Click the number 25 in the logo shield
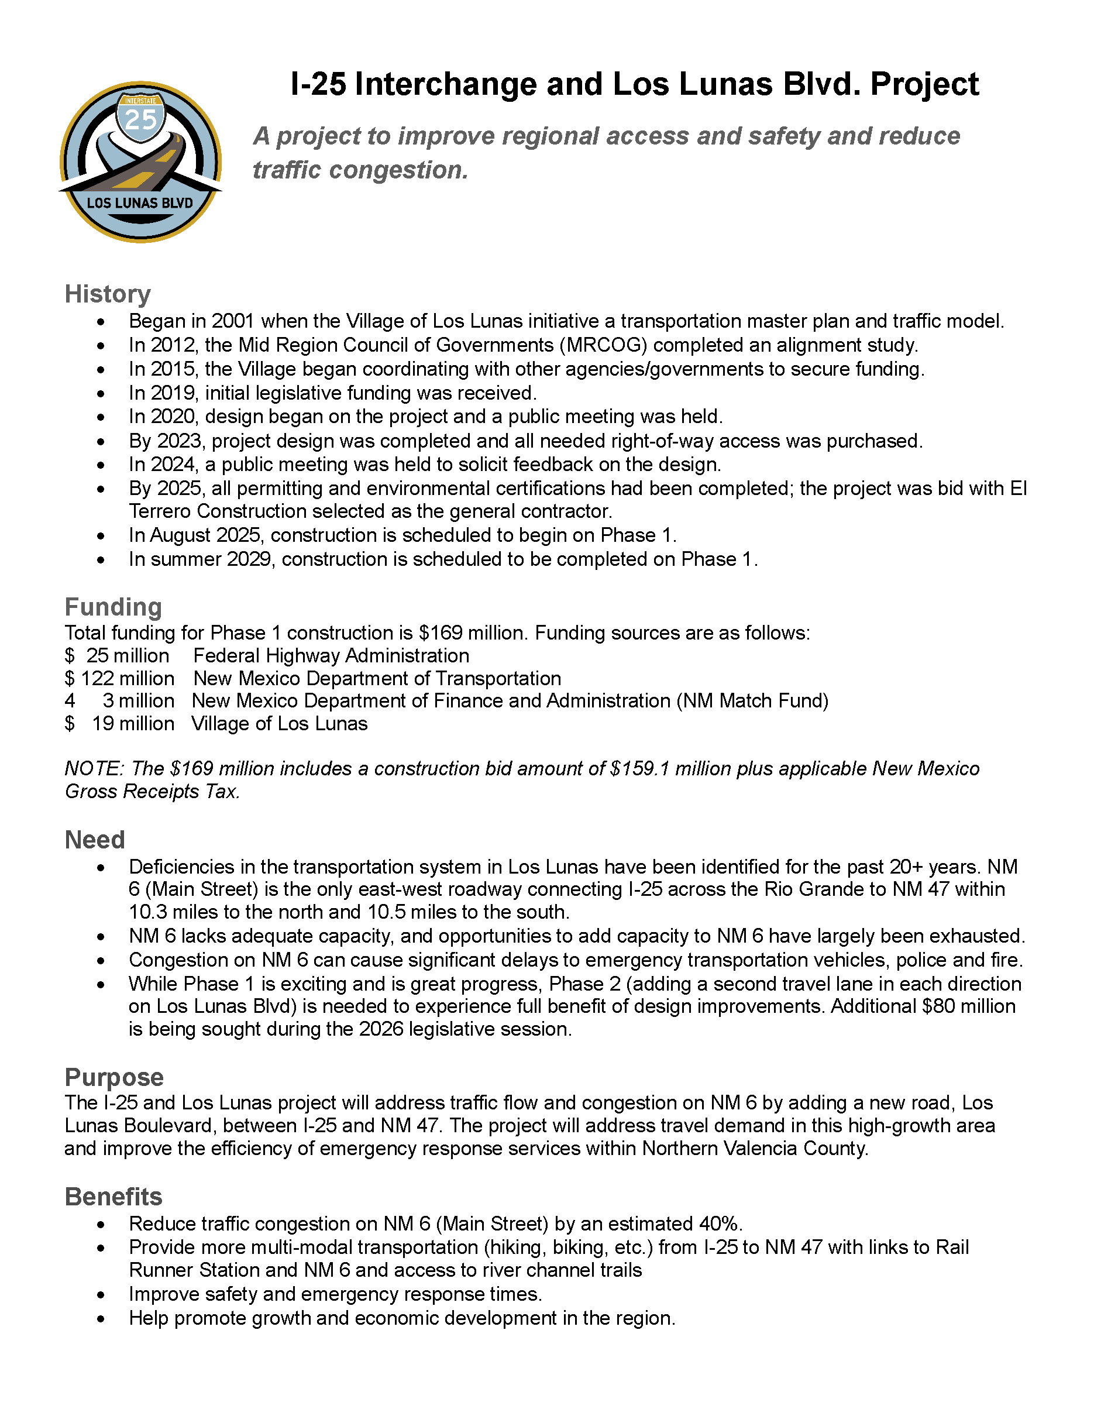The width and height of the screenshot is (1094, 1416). coord(140,119)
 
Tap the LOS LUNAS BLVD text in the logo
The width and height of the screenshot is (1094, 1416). coord(140,203)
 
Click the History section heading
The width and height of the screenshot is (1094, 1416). coord(108,294)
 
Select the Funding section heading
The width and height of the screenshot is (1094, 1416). coord(113,607)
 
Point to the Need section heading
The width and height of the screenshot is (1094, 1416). coord(95,840)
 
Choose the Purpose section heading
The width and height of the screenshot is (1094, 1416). coord(114,1077)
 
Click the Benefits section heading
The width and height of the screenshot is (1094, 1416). coord(113,1196)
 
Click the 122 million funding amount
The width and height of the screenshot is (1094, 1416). coord(127,678)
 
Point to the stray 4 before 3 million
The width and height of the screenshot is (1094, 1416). coord(70,701)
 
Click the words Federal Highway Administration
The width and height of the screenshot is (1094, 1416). coord(331,655)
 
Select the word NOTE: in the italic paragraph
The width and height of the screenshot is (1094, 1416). coord(95,768)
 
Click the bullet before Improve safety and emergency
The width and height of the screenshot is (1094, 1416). coord(101,1295)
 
